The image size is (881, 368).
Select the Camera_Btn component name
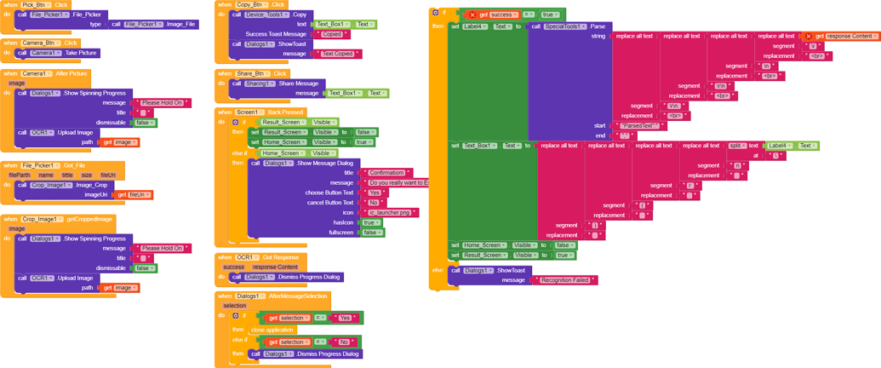tap(40, 43)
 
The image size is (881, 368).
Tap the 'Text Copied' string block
tap(339, 54)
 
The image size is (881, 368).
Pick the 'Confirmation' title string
tap(387, 172)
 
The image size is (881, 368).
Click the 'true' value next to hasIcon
tap(372, 222)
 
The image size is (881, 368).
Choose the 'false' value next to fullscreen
tap(372, 233)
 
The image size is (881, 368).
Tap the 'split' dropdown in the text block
tap(737, 146)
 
